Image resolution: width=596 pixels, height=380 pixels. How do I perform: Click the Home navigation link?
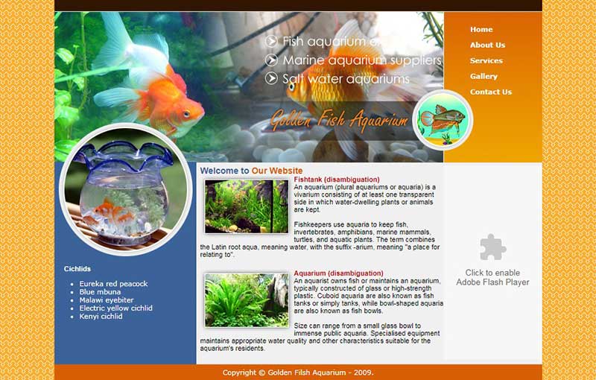(x=481, y=29)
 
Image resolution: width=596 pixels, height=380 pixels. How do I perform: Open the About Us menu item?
(x=487, y=45)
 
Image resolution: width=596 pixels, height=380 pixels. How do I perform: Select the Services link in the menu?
(x=486, y=60)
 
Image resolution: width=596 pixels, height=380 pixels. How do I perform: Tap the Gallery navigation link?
(x=484, y=76)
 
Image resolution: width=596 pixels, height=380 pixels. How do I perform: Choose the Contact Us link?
(x=491, y=92)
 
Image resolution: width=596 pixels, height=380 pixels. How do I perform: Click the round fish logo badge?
(x=443, y=120)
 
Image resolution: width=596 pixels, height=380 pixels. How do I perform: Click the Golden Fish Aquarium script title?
(x=339, y=120)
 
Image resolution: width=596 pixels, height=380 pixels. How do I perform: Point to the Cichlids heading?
(x=77, y=269)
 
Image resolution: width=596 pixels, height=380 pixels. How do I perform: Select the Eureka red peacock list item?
(x=113, y=283)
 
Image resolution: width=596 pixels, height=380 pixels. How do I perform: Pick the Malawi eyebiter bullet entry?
(x=107, y=300)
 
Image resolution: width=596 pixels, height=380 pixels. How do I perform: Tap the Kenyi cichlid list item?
(x=101, y=316)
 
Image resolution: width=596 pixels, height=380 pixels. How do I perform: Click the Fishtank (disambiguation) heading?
(x=337, y=180)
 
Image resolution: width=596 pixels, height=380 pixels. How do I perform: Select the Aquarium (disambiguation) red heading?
(x=338, y=273)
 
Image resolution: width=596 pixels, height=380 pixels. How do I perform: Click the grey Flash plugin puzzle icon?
(x=492, y=247)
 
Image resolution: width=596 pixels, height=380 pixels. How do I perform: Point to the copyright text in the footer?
(x=298, y=373)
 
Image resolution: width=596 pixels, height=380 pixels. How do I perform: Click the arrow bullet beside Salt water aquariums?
(x=271, y=78)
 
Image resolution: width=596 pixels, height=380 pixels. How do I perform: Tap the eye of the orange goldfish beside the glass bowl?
(x=186, y=113)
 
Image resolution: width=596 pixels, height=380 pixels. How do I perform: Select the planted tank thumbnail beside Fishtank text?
(x=247, y=206)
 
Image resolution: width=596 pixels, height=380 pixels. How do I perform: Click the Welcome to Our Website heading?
(x=251, y=171)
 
